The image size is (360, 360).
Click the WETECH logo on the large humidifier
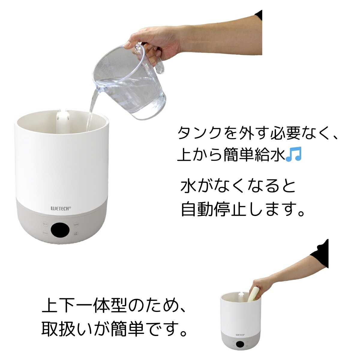click(61, 207)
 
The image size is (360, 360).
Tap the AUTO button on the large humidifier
click(76, 224)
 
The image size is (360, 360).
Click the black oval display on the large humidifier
click(61, 230)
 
